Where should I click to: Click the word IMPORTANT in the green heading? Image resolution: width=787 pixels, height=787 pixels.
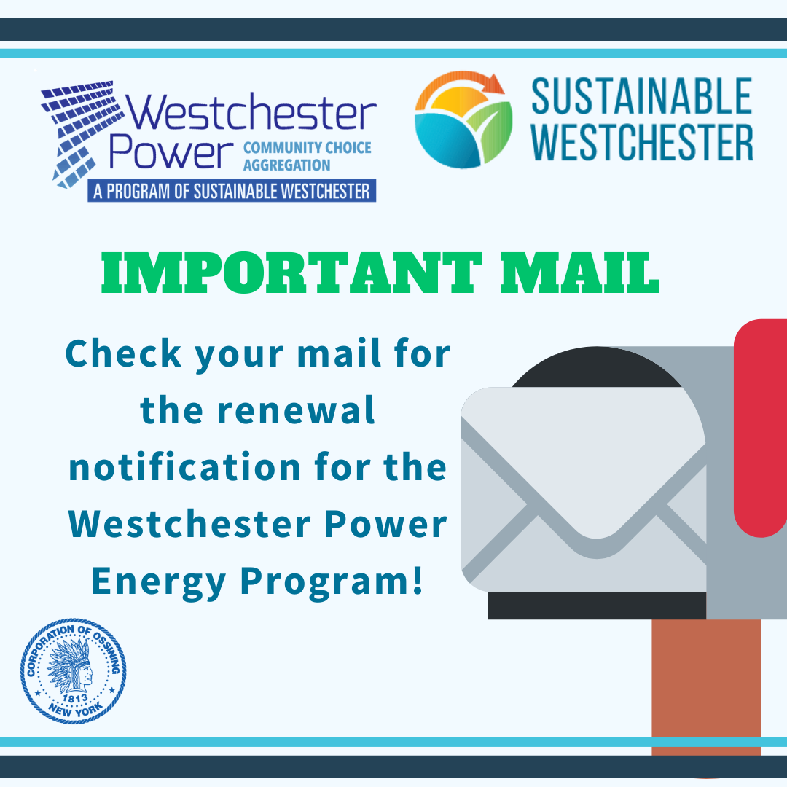tap(291, 273)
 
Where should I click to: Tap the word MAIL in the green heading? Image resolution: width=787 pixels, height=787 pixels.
tap(580, 273)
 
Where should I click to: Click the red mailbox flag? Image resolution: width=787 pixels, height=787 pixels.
tap(760, 428)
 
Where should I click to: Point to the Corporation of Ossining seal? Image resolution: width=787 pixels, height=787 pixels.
tap(74, 671)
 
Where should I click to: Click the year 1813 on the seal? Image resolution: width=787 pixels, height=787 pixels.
tap(75, 697)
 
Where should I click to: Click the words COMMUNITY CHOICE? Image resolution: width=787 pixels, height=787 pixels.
tap(308, 147)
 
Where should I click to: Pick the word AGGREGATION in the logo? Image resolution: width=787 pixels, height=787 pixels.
tap(286, 165)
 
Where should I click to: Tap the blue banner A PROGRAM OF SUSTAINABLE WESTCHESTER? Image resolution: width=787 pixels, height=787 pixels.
tap(232, 191)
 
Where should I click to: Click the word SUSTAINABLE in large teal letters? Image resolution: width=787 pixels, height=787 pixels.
tap(641, 96)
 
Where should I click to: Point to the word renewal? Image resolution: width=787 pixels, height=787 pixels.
tap(296, 410)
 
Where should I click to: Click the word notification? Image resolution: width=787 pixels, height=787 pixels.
tap(185, 466)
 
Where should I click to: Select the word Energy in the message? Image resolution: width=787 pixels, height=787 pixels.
tap(159, 582)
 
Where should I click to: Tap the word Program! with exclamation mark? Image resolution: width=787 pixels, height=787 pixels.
tap(332, 582)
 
